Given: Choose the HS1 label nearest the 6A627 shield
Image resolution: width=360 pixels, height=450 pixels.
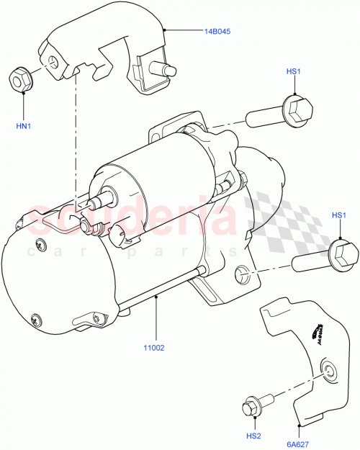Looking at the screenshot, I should point(338,215).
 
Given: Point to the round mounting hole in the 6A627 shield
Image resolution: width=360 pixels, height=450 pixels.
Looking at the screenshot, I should point(329,371).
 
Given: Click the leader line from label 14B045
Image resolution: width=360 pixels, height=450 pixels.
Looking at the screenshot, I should point(183,31).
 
